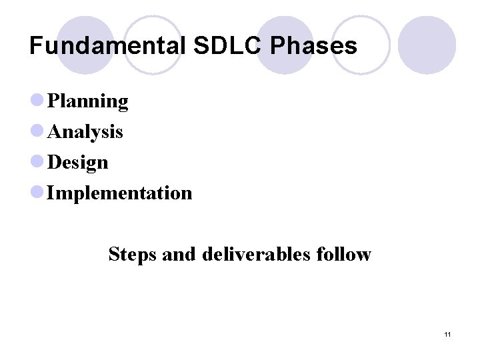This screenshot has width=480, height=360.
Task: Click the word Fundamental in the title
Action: [x=107, y=46]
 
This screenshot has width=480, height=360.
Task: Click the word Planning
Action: [x=88, y=101]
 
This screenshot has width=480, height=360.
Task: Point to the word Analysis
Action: [x=85, y=132]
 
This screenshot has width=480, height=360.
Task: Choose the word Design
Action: [x=78, y=163]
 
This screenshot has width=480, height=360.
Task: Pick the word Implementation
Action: [x=120, y=193]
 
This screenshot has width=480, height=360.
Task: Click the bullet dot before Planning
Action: [x=37, y=101]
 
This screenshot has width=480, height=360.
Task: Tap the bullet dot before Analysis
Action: [x=37, y=131]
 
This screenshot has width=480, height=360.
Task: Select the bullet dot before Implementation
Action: [x=37, y=193]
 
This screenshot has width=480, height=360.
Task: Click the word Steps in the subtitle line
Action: [x=132, y=254]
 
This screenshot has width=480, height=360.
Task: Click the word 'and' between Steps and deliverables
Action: [x=175, y=254]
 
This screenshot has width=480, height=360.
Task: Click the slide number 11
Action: [x=447, y=334]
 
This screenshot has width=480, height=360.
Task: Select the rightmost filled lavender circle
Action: [x=427, y=45]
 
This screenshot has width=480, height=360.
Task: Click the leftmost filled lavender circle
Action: [x=85, y=45]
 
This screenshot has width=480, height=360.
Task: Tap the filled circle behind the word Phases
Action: [x=285, y=45]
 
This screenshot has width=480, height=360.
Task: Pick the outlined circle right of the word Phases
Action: [x=361, y=45]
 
